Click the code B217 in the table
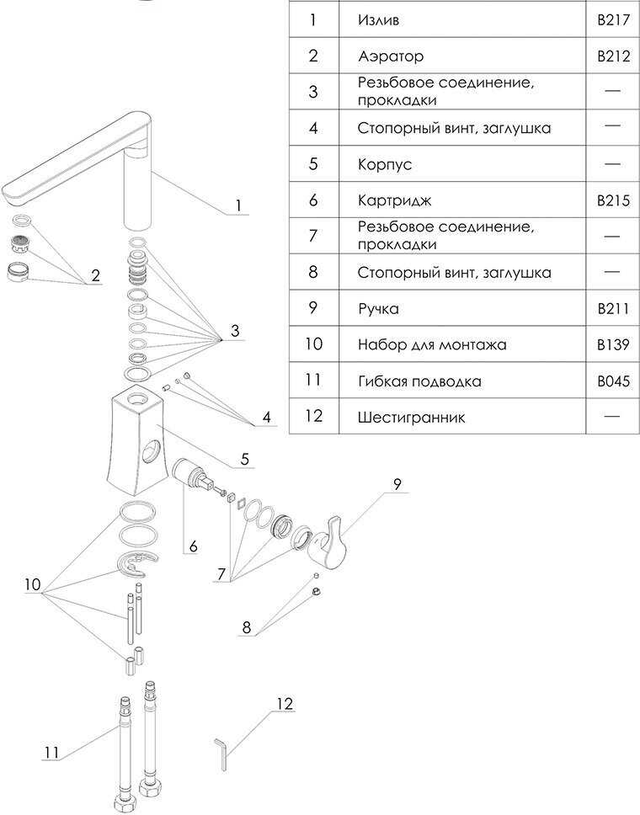click(613, 19)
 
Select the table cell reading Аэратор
click(391, 56)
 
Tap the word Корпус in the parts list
click(385, 164)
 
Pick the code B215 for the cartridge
click(613, 200)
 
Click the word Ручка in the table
click(378, 309)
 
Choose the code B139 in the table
click(613, 344)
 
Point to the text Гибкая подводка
click(419, 381)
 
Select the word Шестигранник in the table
click(411, 417)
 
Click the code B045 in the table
click(613, 381)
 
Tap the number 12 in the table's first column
click(312, 417)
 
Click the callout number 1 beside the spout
click(238, 205)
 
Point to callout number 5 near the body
click(244, 460)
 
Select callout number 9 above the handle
click(397, 484)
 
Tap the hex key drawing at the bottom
click(221, 753)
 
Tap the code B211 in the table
click(613, 309)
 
